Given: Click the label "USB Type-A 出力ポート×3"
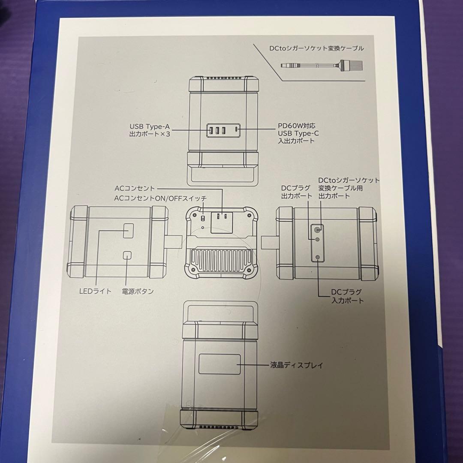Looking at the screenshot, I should (150, 130).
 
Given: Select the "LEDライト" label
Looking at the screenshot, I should (95, 291).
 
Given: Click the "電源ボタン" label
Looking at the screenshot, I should (138, 291).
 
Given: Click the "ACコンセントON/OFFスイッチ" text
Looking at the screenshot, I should (160, 198).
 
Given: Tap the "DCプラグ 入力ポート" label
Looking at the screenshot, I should (347, 296).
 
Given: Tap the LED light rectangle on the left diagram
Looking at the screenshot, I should (128, 231).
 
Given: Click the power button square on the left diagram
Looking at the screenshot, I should (127, 255).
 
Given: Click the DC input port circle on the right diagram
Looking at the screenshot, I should (318, 257).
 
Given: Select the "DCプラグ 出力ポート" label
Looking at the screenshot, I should (292, 192).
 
